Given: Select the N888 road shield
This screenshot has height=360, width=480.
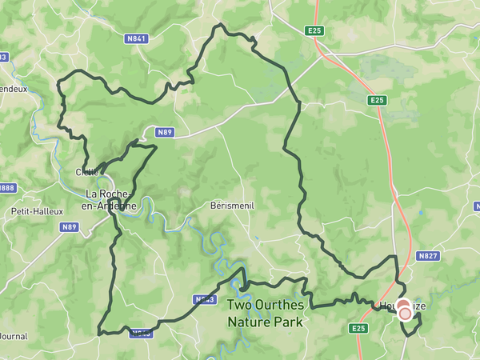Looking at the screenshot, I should coord(6,188).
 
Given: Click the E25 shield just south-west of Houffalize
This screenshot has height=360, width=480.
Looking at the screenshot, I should coord(358,328).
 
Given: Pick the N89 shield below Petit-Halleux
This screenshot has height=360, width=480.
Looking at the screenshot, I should coord(70,227).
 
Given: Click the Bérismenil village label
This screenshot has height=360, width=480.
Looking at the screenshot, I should coord(232,205).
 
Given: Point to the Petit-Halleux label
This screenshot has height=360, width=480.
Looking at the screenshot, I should coord(31,211).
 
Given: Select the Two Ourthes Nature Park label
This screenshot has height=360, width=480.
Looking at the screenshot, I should coord(265,313).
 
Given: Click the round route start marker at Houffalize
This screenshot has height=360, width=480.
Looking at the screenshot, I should coord(405,313).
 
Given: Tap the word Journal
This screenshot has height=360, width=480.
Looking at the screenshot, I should coord(14,336).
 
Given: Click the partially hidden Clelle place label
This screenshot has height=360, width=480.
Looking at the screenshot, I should coord(86,171).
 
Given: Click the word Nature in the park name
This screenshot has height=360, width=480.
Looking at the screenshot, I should coord(249,322).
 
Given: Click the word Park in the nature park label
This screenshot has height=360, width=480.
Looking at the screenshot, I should coord(288,322).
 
